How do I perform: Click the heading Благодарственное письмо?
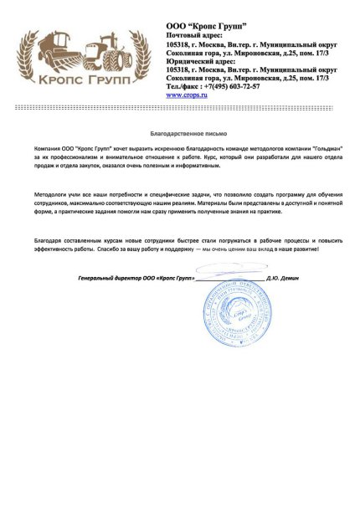(x=180, y=134)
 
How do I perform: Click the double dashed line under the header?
(x=180, y=108)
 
